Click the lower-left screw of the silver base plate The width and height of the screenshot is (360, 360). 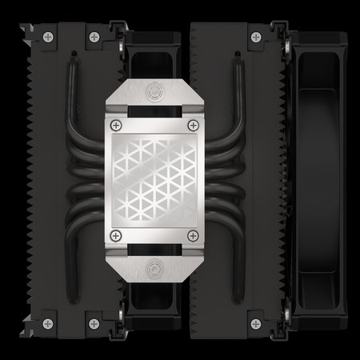click(x=118, y=234)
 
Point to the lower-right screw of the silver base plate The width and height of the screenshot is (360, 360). click(x=192, y=234)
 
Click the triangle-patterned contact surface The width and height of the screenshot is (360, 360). click(x=154, y=179)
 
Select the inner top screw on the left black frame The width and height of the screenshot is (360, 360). click(x=94, y=36)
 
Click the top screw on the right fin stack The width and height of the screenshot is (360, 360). click(x=256, y=36)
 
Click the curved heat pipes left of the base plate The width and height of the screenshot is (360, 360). click(x=84, y=179)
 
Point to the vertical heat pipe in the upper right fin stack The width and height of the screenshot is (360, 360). click(x=238, y=88)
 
